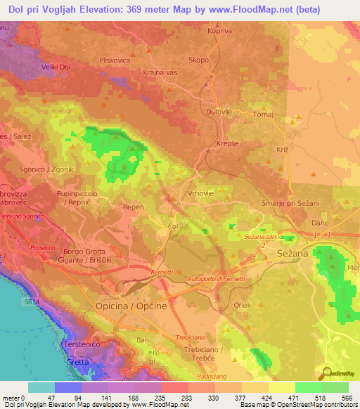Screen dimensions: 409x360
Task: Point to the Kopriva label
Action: click(219, 30)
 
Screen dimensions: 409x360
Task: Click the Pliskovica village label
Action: click(116, 60)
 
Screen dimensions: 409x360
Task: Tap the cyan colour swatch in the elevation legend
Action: click(41, 387)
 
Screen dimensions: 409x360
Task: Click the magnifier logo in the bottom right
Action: click(327, 374)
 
